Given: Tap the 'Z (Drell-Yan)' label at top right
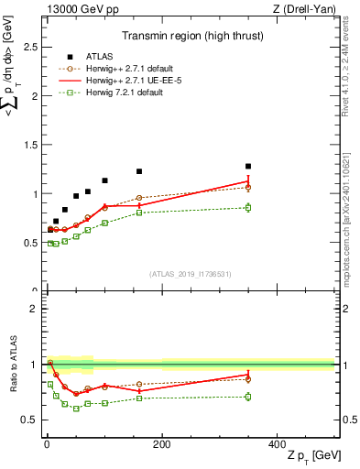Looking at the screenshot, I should (x=303, y=10).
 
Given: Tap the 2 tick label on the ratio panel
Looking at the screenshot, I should (x=34, y=309).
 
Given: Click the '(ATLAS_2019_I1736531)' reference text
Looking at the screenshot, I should (x=191, y=274).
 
